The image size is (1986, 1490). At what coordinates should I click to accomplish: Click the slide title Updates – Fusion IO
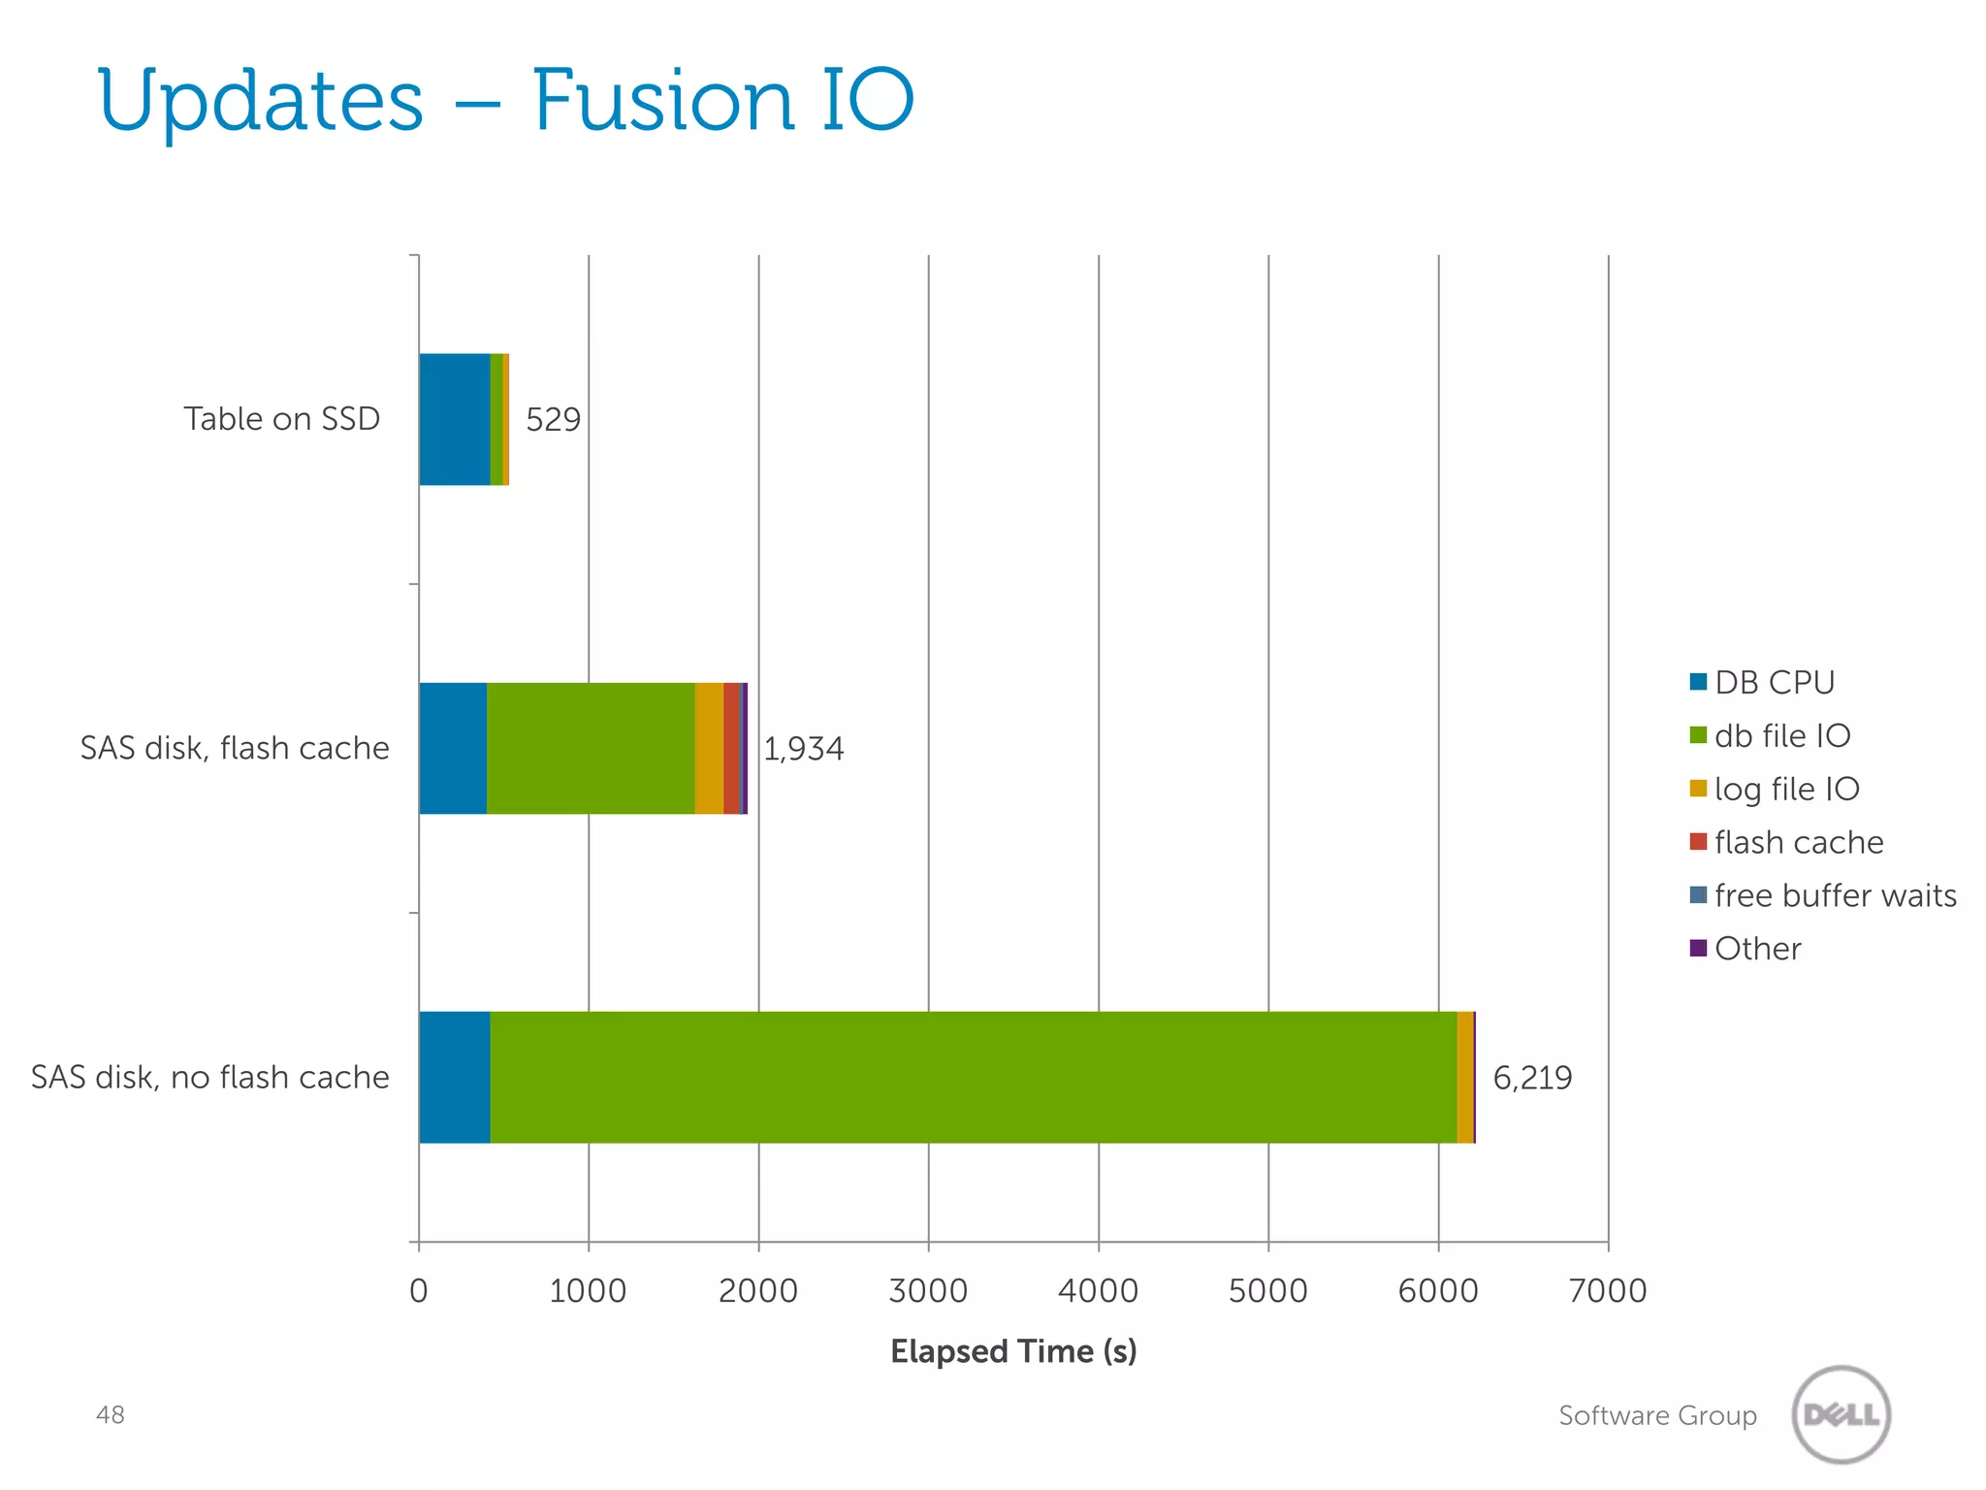click(504, 102)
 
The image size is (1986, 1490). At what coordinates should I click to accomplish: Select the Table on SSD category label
click(282, 419)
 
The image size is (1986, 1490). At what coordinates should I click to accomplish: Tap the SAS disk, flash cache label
click(235, 748)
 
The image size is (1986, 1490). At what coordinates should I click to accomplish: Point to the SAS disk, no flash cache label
click(210, 1077)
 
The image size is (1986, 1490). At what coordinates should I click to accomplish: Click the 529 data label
click(553, 419)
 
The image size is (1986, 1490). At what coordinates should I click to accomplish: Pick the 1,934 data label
click(803, 748)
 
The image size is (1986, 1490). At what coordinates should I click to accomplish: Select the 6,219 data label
click(1532, 1077)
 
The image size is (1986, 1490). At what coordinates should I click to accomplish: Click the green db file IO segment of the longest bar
click(970, 1077)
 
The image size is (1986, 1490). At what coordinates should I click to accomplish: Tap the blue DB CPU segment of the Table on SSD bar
click(454, 419)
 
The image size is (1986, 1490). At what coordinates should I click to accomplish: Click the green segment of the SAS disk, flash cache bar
click(590, 748)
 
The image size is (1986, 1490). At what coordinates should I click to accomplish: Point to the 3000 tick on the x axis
click(928, 1290)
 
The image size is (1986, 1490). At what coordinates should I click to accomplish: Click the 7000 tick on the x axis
click(1608, 1290)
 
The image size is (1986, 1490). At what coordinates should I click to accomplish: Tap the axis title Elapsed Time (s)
click(1013, 1350)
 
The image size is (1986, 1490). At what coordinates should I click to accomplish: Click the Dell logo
click(1841, 1414)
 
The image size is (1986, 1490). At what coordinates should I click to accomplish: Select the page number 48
click(111, 1414)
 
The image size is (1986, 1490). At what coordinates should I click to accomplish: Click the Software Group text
click(1657, 1415)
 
